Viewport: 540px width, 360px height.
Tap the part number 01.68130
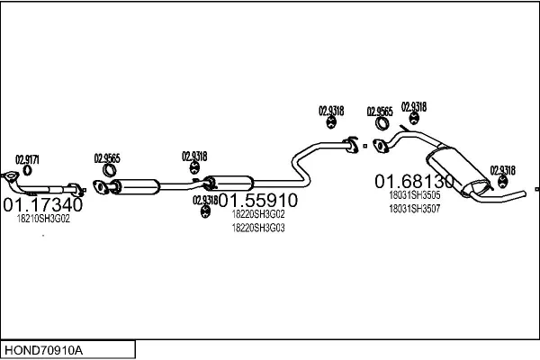coord(415,181)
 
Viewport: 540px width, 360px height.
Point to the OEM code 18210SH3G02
coord(43,219)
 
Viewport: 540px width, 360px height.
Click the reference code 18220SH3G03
coord(258,228)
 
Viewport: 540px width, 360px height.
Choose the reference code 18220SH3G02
coord(258,214)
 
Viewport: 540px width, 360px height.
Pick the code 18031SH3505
coord(415,194)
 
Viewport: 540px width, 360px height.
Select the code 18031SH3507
coord(415,208)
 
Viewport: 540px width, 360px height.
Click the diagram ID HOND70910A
coord(46,348)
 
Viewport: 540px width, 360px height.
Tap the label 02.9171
coord(27,158)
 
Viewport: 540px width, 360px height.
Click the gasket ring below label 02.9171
coord(28,170)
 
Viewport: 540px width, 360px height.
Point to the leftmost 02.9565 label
coord(107,158)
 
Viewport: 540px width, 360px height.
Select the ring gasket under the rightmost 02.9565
coord(382,124)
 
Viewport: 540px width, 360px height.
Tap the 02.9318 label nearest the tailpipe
coord(502,170)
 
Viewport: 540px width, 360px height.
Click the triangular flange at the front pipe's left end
coord(11,176)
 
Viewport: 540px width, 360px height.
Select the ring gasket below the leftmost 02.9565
coord(110,171)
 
